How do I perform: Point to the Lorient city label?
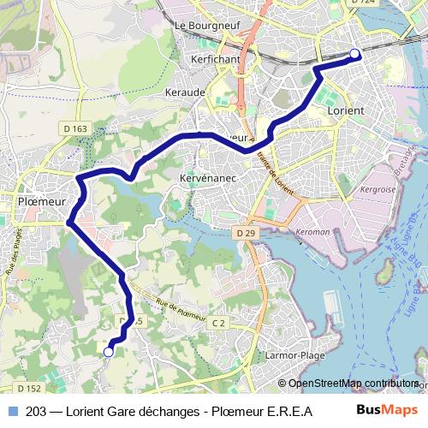tap(346, 110)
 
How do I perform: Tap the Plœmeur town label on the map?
tap(41, 201)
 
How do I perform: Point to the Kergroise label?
tap(377, 188)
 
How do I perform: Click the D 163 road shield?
tap(75, 129)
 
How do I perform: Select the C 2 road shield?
tap(218, 322)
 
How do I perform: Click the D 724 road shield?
tap(365, 3)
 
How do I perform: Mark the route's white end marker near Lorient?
tap(355, 56)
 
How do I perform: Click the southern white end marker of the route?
tap(109, 351)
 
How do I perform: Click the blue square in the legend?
tap(11, 411)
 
